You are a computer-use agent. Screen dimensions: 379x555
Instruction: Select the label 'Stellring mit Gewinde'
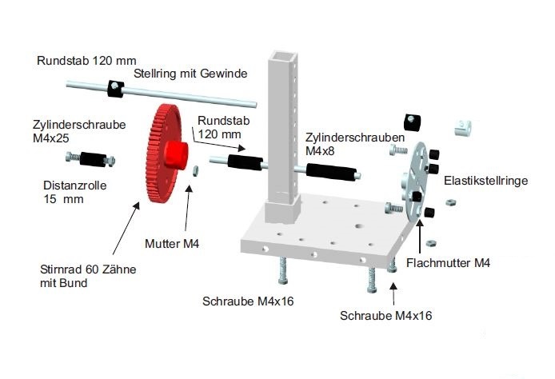coord(190,74)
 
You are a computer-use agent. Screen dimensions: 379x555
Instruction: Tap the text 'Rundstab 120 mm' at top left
coord(86,60)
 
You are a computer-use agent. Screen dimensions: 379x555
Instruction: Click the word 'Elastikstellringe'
coord(485,182)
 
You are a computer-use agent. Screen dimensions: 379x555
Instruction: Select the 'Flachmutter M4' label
coord(448,262)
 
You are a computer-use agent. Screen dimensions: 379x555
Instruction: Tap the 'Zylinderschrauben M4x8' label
coord(337,143)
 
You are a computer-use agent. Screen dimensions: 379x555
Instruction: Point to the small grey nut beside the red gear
coord(195,170)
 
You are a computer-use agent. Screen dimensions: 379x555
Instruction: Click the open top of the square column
coord(282,57)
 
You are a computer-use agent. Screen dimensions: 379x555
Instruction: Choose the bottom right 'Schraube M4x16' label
coord(385,315)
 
